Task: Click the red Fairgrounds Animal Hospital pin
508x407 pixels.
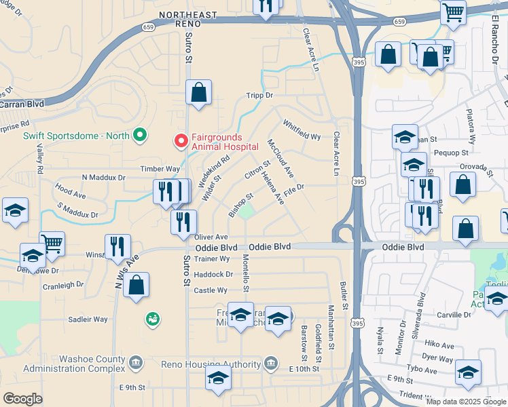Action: point(181,140)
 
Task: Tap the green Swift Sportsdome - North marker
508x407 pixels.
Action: point(141,136)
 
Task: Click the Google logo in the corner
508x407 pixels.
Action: point(22,399)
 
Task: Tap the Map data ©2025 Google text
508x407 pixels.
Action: point(465,402)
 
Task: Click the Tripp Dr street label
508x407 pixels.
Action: point(259,96)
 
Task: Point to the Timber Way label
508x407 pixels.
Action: point(160,169)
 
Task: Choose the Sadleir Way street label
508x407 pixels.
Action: point(88,319)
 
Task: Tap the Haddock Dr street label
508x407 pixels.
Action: point(213,274)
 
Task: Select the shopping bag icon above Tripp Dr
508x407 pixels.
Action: point(198,93)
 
